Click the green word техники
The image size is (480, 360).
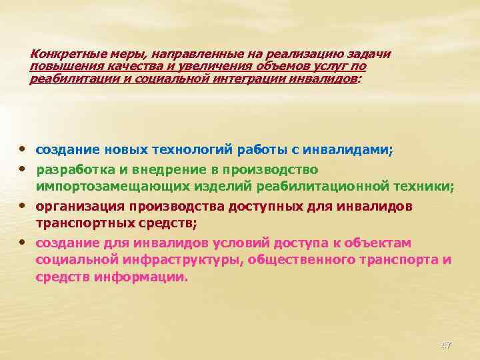coord(427,187)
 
